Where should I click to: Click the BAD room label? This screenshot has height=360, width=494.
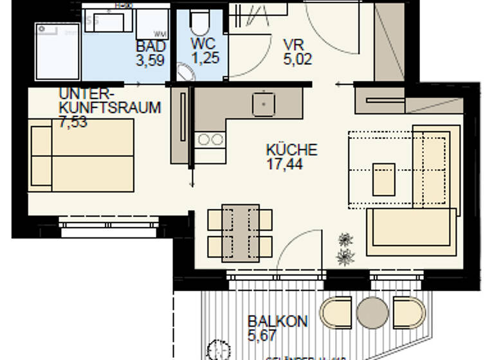(151, 47)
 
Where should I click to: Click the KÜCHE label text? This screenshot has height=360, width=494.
(291, 150)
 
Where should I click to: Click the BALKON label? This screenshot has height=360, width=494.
(278, 321)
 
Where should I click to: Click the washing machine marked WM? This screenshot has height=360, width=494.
(153, 24)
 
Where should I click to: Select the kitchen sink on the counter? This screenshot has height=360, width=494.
(263, 104)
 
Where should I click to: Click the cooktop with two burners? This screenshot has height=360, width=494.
(210, 139)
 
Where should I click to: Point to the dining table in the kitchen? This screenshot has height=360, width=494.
(240, 233)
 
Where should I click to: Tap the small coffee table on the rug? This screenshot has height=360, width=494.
(384, 179)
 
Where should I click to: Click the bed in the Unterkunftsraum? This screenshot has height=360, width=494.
(81, 155)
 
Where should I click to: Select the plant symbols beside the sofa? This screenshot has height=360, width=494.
(346, 249)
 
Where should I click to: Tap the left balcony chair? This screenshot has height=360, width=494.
(336, 312)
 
